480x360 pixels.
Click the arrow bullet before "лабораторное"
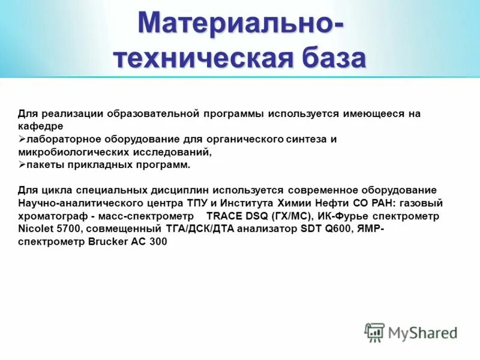[22, 139]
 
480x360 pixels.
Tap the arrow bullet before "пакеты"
[22, 165]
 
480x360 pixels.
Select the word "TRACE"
[224, 216]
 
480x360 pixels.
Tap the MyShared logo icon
[374, 332]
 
